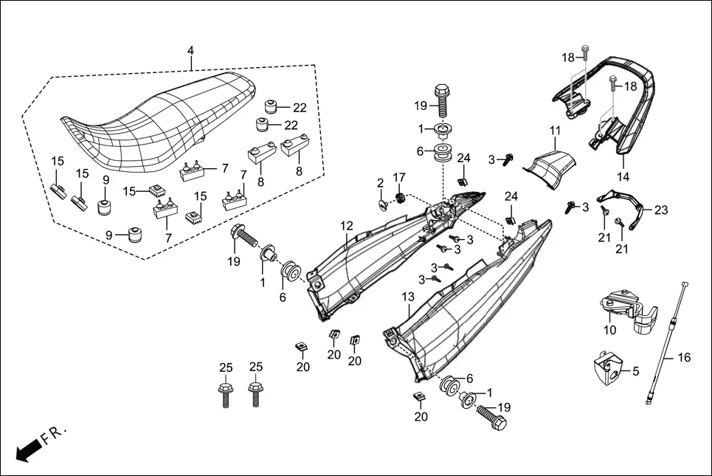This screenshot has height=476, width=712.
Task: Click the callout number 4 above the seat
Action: click(190, 51)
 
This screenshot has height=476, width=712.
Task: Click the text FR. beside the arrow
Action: click(54, 433)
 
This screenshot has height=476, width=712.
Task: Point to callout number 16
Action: click(683, 358)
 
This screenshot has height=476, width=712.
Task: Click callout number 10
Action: click(609, 330)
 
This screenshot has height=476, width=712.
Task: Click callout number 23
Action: click(660, 210)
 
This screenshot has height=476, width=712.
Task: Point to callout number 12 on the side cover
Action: click(347, 225)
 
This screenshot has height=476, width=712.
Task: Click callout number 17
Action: click(399, 177)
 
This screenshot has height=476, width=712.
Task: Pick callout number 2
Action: click(380, 182)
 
